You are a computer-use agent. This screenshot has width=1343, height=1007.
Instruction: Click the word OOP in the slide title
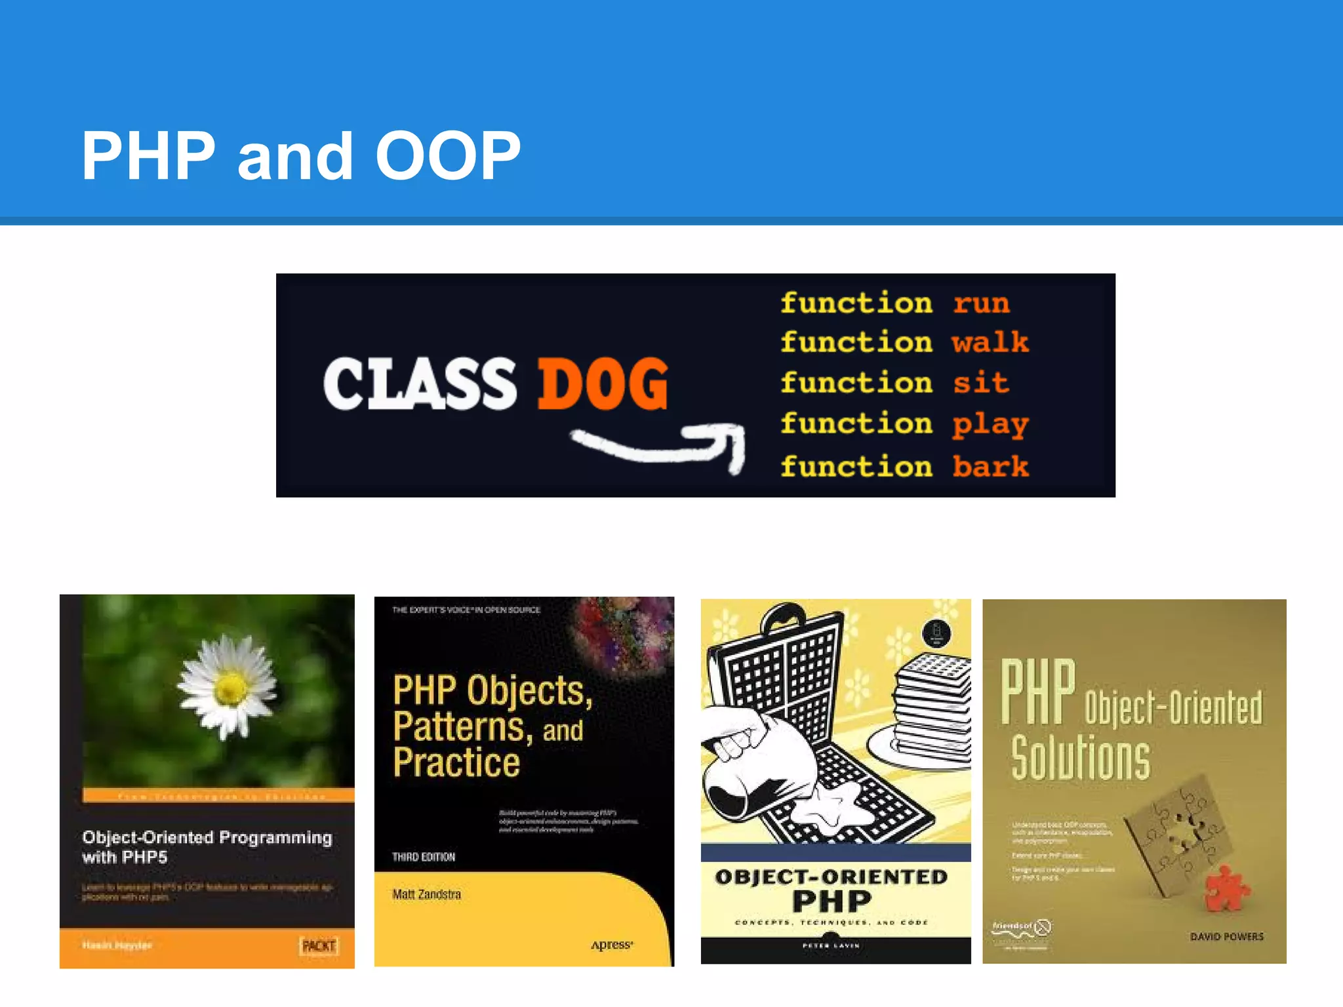(448, 156)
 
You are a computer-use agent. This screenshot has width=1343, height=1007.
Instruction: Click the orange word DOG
(603, 384)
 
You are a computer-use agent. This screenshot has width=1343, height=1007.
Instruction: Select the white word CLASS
(420, 384)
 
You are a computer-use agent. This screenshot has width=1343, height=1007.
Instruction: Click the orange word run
(981, 304)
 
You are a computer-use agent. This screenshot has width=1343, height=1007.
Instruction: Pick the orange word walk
(990, 342)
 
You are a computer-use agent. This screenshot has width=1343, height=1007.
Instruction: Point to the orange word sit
(980, 383)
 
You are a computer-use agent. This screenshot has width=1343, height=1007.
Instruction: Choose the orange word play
(990, 425)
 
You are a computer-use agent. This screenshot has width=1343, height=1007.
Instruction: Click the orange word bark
(990, 466)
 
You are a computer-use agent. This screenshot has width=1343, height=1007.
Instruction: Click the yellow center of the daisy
(231, 688)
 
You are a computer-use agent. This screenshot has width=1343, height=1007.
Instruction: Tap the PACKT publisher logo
(319, 945)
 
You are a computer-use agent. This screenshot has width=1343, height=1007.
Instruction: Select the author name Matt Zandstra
(427, 894)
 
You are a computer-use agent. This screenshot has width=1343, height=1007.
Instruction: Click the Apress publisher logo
(611, 945)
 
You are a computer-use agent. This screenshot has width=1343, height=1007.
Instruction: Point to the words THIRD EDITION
(424, 857)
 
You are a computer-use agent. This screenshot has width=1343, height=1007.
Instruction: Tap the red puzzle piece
(1227, 888)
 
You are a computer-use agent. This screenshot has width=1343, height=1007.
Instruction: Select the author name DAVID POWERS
(1226, 937)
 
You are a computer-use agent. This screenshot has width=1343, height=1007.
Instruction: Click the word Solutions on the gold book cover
(1080, 758)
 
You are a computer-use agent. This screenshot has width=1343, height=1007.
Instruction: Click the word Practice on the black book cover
(456, 762)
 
